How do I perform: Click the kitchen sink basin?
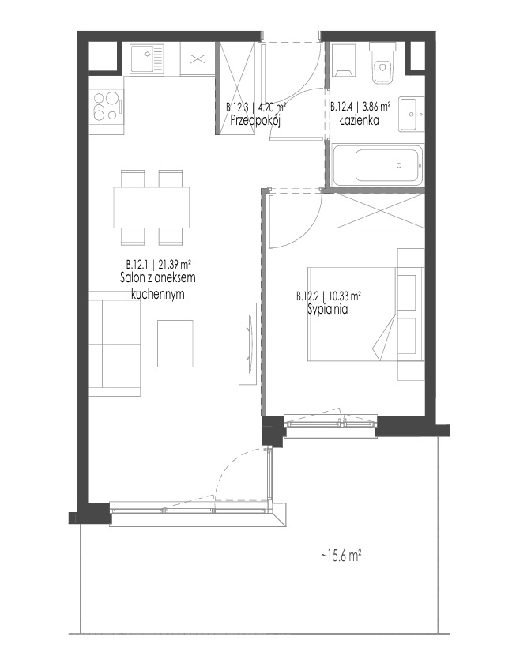147,58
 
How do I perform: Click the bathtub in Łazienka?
378,165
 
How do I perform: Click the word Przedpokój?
256,120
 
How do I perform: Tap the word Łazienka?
360,120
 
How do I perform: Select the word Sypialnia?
328,309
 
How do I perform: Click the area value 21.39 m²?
175,265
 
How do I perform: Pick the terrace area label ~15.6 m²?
341,556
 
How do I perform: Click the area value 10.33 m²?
345,296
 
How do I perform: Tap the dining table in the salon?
152,207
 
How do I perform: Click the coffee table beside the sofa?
175,343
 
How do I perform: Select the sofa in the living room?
114,344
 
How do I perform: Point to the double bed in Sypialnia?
366,315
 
